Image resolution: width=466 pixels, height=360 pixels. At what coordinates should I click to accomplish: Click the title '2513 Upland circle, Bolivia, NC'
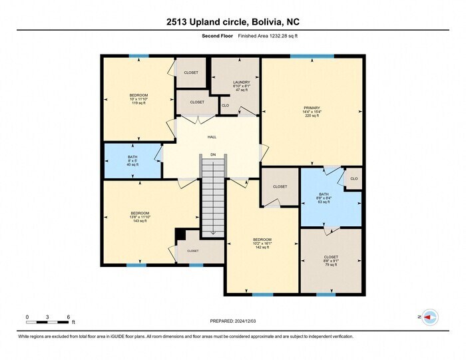(x=232, y=21)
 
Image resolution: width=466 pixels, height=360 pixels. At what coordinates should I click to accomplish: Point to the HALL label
(x=212, y=137)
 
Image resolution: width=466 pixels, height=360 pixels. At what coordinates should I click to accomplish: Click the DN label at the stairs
(x=213, y=154)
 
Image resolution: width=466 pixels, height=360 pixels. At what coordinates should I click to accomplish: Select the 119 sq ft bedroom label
(x=138, y=99)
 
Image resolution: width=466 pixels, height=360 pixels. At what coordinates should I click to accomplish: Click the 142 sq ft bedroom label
(x=262, y=244)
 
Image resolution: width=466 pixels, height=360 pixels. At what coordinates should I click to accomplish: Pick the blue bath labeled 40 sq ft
(x=132, y=160)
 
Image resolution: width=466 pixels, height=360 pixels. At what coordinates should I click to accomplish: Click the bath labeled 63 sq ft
(x=324, y=198)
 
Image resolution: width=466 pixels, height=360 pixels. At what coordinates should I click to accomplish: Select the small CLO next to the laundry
(x=225, y=106)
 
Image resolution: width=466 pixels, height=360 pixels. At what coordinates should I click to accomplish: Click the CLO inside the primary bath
(x=353, y=178)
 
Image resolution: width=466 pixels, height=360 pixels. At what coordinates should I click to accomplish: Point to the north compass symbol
(x=428, y=317)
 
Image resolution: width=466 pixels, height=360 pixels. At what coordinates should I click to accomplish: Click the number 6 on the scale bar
(x=69, y=317)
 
